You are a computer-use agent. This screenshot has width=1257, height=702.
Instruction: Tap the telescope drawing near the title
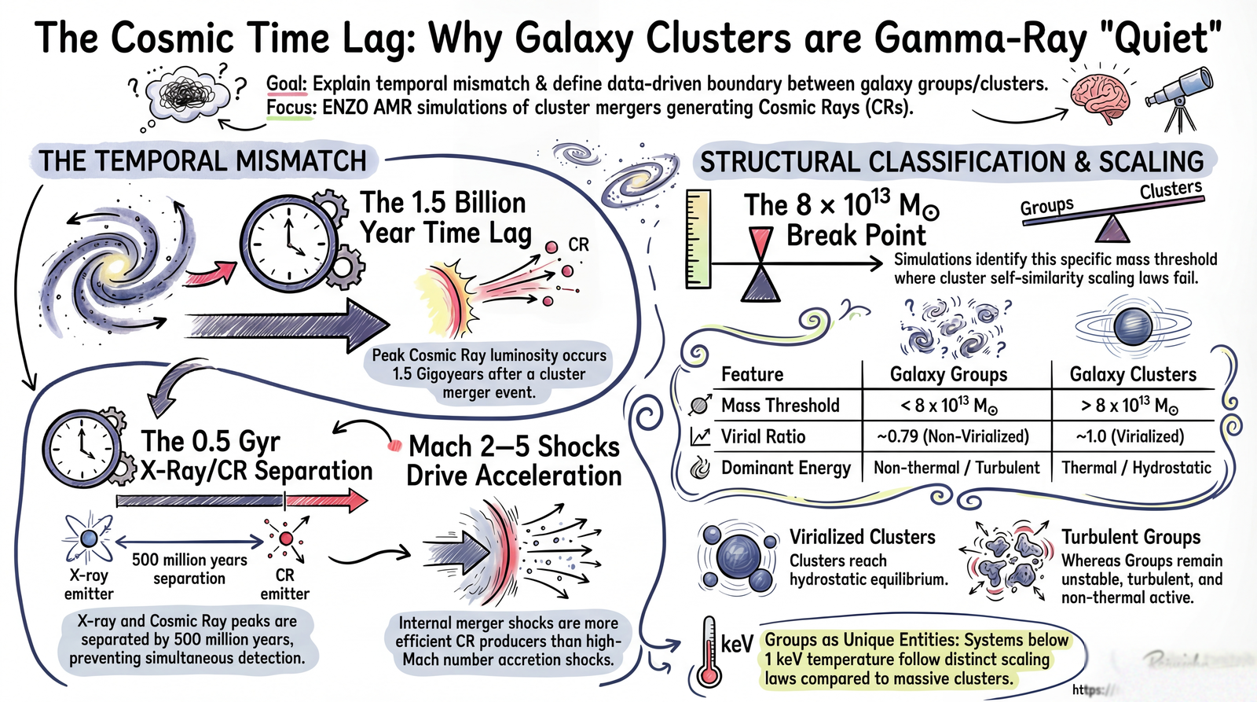[x=1178, y=94]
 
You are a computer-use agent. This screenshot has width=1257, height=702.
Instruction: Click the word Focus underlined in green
[x=291, y=107]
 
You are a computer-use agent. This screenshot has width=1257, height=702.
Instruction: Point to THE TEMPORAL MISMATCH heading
[x=203, y=161]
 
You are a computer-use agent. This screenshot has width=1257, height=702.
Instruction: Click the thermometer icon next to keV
[x=709, y=652]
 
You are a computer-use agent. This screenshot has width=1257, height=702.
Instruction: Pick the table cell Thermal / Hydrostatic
[x=1136, y=468]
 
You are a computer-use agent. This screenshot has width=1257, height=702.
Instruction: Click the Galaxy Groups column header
[x=948, y=374]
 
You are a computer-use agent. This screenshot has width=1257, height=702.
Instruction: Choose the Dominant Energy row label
[x=786, y=468]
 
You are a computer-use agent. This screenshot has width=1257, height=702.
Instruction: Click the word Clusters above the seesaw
[x=1171, y=190]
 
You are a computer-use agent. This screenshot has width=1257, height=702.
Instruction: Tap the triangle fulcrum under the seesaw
[x=1112, y=229]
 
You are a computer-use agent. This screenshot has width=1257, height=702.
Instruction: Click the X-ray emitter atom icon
[x=88, y=538]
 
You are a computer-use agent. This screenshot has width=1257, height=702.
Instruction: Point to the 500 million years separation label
[x=189, y=569]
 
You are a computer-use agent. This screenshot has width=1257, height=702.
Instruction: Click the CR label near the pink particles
[x=578, y=245]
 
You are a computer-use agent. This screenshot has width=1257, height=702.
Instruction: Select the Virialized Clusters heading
[x=862, y=537]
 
